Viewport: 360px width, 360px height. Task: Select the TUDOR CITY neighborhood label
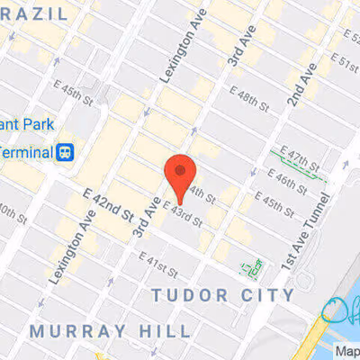pyautogui.click(x=222, y=295)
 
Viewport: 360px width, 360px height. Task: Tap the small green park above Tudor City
pyautogui.click(x=251, y=265)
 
